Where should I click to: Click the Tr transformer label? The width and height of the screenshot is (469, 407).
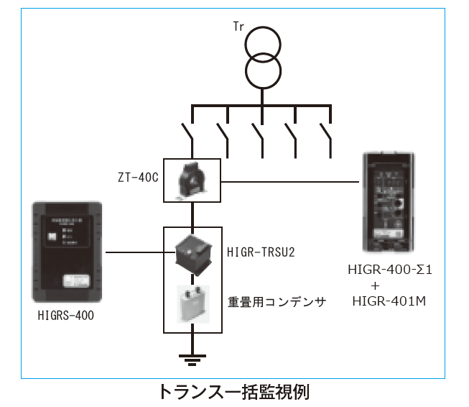(x=238, y=27)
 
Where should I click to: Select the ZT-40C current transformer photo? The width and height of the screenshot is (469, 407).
(x=192, y=180)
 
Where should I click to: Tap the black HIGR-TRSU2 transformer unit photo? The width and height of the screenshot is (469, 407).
(x=192, y=252)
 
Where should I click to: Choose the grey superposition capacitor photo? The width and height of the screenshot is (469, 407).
(x=192, y=303)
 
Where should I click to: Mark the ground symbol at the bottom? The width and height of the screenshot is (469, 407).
(x=192, y=357)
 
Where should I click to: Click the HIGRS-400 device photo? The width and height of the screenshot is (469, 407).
(x=69, y=251)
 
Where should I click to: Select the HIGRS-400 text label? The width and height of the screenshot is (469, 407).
(x=65, y=315)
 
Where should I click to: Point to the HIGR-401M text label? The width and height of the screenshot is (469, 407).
(x=391, y=301)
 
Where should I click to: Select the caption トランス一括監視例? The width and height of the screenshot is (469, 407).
(x=234, y=393)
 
